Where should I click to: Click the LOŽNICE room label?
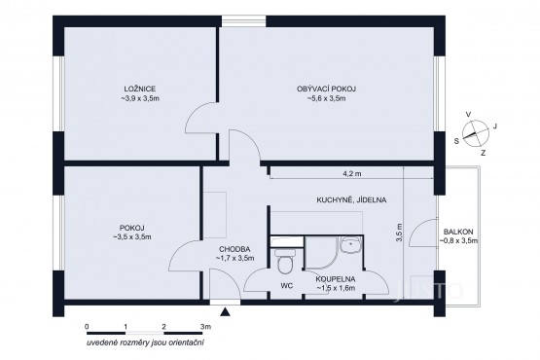pyautogui.click(x=140, y=90)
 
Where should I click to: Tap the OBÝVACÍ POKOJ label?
pyautogui.click(x=326, y=89)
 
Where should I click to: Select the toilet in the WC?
pyautogui.click(x=285, y=260)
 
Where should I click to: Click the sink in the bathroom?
pyautogui.click(x=350, y=245)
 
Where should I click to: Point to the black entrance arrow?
pyautogui.click(x=225, y=312)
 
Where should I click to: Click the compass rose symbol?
pyautogui.click(x=476, y=133)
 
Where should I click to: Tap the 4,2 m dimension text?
pyautogui.click(x=352, y=173)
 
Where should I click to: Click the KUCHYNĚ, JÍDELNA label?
pyautogui.click(x=351, y=199)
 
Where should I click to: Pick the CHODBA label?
pyautogui.click(x=234, y=249)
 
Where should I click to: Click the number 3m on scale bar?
pyautogui.click(x=205, y=326)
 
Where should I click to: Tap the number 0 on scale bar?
pyautogui.click(x=87, y=326)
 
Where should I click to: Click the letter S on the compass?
pyautogui.click(x=456, y=141)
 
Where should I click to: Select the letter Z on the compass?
pyautogui.click(x=484, y=154)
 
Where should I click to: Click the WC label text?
pyautogui.click(x=286, y=286)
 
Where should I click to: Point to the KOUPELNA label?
pyautogui.click(x=336, y=279)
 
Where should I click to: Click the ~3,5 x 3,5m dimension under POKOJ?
pyautogui.click(x=132, y=237)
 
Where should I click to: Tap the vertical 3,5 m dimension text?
pyautogui.click(x=399, y=233)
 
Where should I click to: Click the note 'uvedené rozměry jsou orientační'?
pyautogui.click(x=145, y=342)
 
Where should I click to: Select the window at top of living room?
pyautogui.click(x=243, y=21)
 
